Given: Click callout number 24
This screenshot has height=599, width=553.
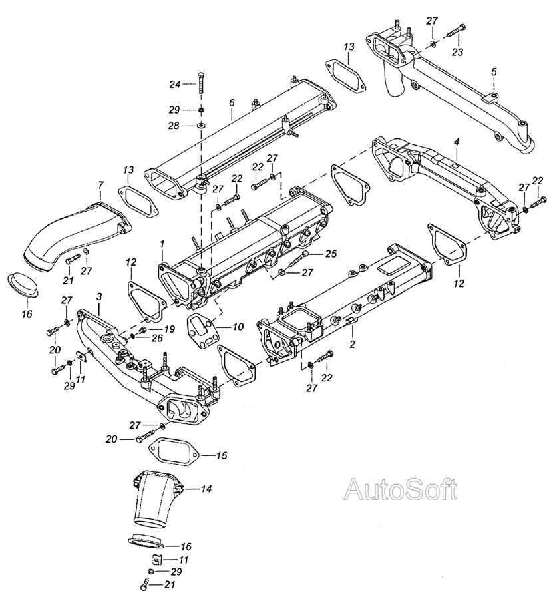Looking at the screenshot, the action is click(x=175, y=84).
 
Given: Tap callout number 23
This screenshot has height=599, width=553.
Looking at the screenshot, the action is click(x=457, y=52).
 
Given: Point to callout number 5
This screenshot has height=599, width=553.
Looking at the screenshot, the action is click(x=494, y=71).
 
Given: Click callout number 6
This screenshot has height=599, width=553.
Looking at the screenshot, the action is click(x=232, y=102).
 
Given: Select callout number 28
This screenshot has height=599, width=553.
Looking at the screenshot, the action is click(x=174, y=126).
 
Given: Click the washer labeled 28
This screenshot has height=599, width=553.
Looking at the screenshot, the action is click(x=201, y=125).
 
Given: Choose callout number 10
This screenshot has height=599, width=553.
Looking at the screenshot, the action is click(x=238, y=327).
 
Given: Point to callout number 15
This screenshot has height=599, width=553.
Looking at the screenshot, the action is click(x=222, y=455).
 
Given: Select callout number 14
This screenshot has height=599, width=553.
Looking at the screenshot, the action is click(x=206, y=489).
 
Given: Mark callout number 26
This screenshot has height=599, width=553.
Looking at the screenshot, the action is click(x=157, y=338).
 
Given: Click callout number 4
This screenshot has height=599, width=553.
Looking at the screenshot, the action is click(x=457, y=142).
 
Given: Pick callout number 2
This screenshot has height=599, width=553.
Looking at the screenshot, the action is click(x=352, y=344).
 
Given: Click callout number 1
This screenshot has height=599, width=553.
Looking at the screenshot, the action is click(x=162, y=243).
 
